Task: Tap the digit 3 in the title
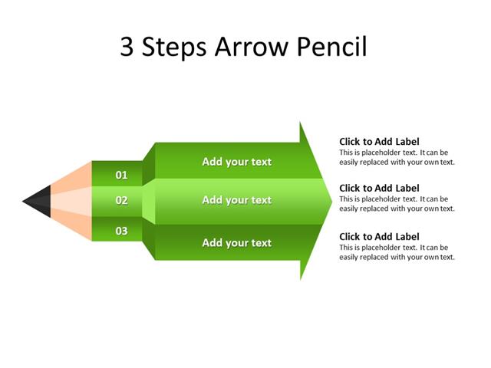pos(129,48)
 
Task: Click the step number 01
pos(121,176)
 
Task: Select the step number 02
pos(121,201)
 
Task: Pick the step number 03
pos(121,231)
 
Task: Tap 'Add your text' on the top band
pos(236,162)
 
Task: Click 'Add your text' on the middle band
pos(236,200)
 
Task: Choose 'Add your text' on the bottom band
pos(236,243)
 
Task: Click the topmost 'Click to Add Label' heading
pos(379,142)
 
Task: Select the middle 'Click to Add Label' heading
pos(379,189)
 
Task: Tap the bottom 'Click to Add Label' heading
pos(379,237)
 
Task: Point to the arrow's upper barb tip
pos(301,123)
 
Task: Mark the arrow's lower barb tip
pos(301,278)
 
